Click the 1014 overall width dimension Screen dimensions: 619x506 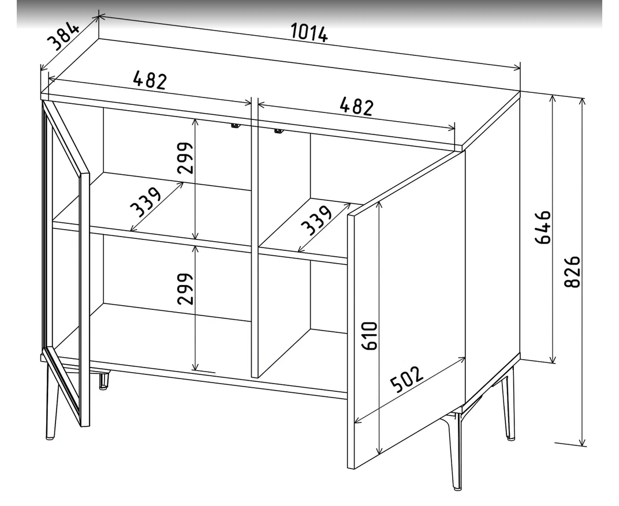pyautogui.click(x=309, y=33)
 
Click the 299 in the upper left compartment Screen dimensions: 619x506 pyautogui.click(x=185, y=158)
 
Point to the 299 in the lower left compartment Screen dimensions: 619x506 pyautogui.click(x=185, y=288)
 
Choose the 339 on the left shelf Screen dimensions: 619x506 pyautogui.click(x=146, y=203)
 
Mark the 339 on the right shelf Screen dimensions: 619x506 pyautogui.click(x=316, y=220)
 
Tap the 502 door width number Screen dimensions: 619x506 pyautogui.click(x=407, y=380)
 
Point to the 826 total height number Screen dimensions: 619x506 pyautogui.click(x=572, y=272)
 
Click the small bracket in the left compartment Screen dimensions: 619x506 pyautogui.click(x=235, y=125)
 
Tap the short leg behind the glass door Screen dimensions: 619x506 pyautogui.click(x=103, y=380)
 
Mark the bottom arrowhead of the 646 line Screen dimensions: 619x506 pyautogui.click(x=553, y=358)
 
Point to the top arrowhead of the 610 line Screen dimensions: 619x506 pyautogui.click(x=379, y=205)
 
